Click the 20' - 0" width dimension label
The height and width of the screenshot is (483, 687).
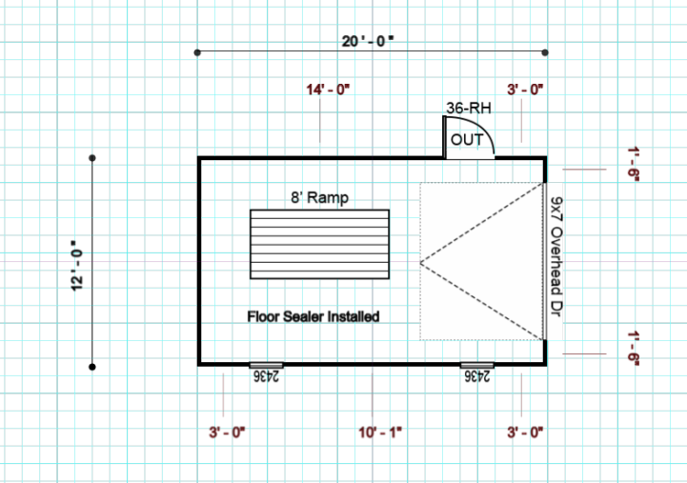(x=368, y=41)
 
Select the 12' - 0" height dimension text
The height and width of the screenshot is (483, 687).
(x=76, y=266)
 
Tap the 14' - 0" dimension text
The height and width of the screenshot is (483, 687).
(x=328, y=90)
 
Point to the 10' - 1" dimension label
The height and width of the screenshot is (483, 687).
(x=380, y=433)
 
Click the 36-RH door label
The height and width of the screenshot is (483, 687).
(x=469, y=108)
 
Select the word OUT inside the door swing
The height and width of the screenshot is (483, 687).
(x=467, y=140)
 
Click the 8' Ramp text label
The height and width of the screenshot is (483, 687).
(x=320, y=197)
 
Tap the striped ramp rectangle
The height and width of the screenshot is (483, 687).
(x=319, y=244)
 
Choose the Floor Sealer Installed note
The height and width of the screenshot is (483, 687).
(x=313, y=316)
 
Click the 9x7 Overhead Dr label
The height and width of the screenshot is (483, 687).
(x=556, y=257)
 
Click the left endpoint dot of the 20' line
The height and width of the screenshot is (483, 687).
(x=197, y=52)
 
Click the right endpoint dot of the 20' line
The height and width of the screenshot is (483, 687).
(x=545, y=52)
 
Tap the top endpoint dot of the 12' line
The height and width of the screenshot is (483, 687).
(x=92, y=157)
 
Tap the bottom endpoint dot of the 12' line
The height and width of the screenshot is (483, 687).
(x=92, y=367)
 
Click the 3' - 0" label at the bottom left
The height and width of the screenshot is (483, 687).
(x=227, y=433)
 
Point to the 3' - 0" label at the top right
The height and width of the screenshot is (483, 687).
(x=525, y=90)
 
